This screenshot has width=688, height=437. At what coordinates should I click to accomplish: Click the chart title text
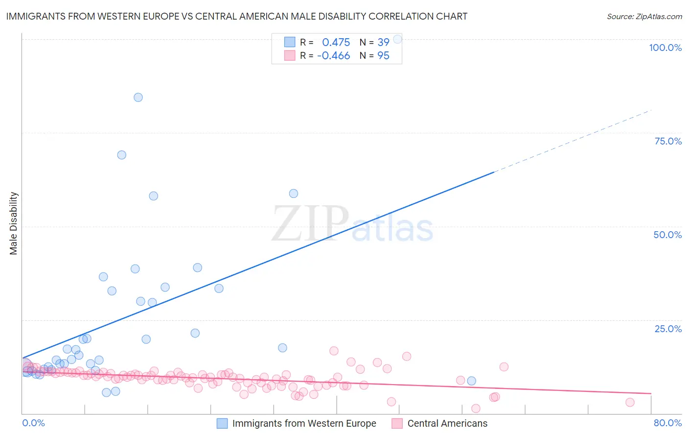click(x=236, y=16)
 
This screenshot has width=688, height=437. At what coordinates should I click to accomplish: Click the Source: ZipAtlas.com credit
click(x=644, y=16)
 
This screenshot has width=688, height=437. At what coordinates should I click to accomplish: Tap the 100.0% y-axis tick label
click(x=665, y=48)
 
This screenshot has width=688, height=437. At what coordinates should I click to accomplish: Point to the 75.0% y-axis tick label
click(x=668, y=141)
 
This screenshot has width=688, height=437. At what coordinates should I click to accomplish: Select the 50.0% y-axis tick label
click(x=667, y=235)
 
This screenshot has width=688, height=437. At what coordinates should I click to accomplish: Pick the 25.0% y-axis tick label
click(x=668, y=328)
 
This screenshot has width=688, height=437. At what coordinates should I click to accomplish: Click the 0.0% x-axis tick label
click(x=33, y=423)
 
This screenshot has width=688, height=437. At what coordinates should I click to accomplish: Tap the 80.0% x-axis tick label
click(x=667, y=423)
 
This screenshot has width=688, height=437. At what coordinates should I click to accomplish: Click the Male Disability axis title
click(x=14, y=223)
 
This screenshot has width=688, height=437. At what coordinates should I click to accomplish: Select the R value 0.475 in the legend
click(x=336, y=42)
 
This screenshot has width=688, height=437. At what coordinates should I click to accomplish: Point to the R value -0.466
click(x=333, y=56)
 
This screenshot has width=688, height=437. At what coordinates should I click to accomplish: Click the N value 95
click(x=383, y=56)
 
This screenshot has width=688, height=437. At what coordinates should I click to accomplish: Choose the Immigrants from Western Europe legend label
click(x=304, y=423)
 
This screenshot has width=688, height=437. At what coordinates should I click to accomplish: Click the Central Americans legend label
click(x=447, y=423)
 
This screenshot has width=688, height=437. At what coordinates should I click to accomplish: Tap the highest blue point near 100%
click(x=398, y=39)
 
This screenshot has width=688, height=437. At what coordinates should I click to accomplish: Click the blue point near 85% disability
click(x=138, y=97)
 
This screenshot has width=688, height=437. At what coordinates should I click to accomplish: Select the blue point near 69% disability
click(x=122, y=155)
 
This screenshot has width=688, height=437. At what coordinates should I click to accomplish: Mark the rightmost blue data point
click(x=471, y=381)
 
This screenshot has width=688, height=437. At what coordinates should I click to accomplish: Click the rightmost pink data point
click(x=630, y=402)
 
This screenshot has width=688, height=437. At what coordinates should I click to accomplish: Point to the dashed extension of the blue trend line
click(x=573, y=141)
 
